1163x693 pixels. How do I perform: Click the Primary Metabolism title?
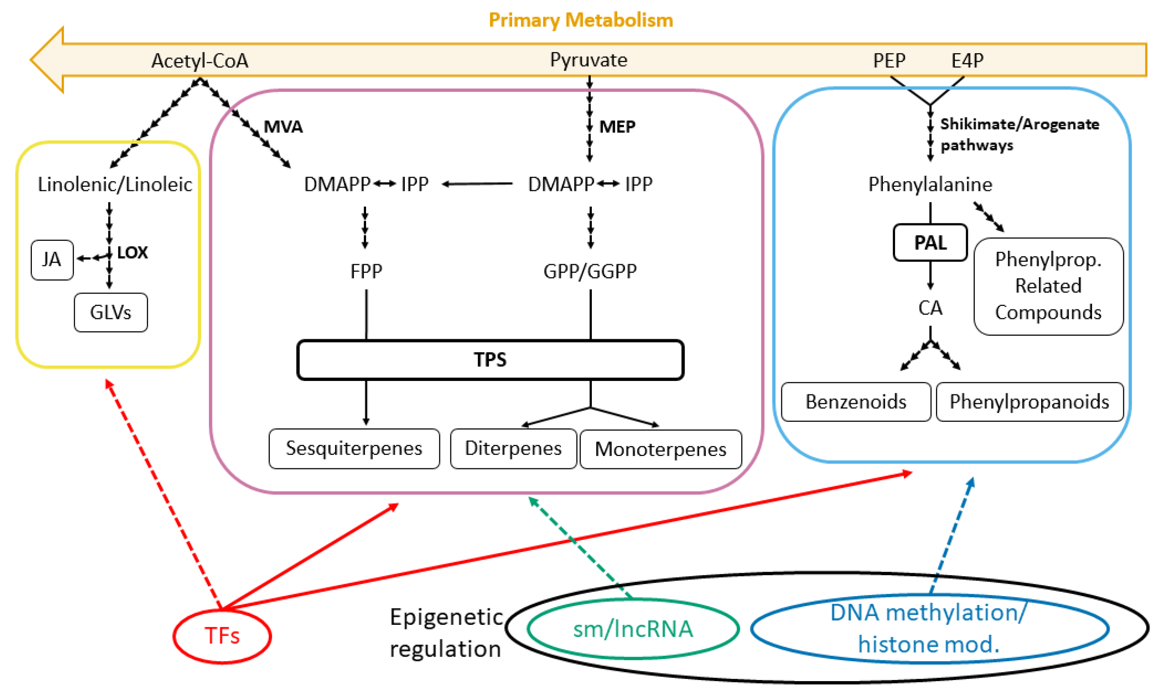(x=581, y=20)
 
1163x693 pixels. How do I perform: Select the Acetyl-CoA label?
(x=200, y=61)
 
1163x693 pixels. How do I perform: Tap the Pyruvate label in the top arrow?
(x=588, y=60)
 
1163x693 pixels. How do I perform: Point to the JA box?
(x=52, y=260)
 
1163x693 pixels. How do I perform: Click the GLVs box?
(x=111, y=312)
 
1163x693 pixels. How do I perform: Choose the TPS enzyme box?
(x=490, y=360)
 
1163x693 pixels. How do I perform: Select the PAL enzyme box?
(x=930, y=242)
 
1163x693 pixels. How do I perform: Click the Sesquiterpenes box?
(x=354, y=448)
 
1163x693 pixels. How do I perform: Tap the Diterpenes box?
(x=513, y=448)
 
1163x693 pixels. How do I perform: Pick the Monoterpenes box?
(x=660, y=449)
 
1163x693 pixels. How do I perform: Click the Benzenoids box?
(x=856, y=402)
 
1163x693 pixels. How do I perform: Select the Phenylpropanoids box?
(x=1030, y=402)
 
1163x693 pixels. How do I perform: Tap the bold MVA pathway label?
(x=283, y=127)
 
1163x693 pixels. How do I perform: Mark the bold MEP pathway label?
(x=617, y=127)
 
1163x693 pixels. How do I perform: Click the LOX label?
(x=132, y=253)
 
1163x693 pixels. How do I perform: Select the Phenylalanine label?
(x=930, y=185)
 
